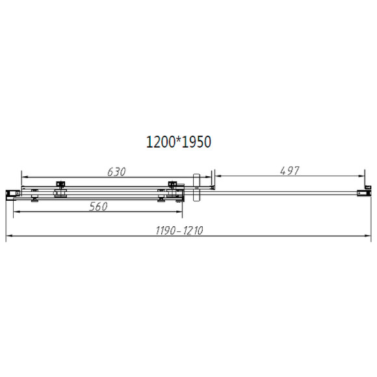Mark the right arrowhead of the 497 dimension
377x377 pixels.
364,177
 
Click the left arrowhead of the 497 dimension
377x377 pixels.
218,177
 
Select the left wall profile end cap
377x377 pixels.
11,194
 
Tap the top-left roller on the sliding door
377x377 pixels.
60,185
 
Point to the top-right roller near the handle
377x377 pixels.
172,185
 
